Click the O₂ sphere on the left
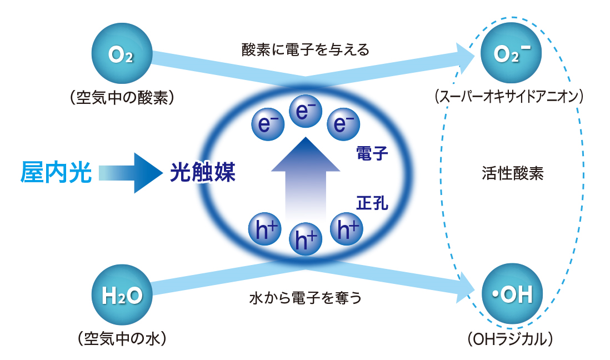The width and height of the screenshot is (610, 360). [122, 53]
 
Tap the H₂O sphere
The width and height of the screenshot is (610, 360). [122, 295]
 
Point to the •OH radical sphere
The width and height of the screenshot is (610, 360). [512, 294]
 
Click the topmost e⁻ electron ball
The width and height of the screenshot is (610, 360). [306, 111]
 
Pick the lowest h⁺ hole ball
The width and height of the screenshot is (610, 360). [306, 239]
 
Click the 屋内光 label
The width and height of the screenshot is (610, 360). [56, 172]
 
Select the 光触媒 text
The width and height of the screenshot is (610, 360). [203, 172]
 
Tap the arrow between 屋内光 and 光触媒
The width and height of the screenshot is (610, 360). [131, 173]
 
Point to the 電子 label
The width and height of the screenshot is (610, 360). [372, 153]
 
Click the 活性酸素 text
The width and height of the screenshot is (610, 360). [512, 173]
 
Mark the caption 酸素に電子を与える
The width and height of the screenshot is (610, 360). [306, 50]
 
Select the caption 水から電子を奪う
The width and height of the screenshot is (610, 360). [306, 298]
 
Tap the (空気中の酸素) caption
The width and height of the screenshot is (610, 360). [122, 98]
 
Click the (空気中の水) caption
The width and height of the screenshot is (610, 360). [122, 339]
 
